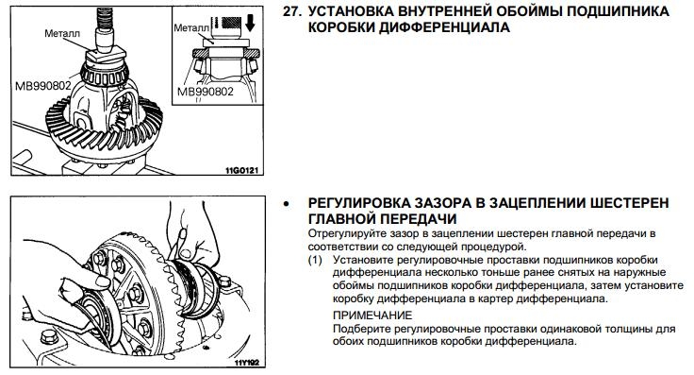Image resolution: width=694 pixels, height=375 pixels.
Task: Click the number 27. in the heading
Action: tap(292, 11)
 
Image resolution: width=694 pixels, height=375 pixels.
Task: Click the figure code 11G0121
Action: tap(241, 170)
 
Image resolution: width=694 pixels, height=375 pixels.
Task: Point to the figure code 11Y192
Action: tap(247, 363)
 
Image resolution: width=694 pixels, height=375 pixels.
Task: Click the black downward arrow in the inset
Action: tap(250, 23)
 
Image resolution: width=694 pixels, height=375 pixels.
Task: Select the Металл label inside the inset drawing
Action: tap(191, 28)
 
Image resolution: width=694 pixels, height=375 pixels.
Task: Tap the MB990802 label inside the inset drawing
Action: tap(205, 92)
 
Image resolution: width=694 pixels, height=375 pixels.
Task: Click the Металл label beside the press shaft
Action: tap(62, 33)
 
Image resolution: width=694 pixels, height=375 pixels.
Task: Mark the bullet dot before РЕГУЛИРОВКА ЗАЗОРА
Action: tap(288, 204)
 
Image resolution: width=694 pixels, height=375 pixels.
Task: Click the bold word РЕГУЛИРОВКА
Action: tap(358, 203)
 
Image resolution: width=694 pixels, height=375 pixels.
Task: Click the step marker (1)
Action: tap(315, 260)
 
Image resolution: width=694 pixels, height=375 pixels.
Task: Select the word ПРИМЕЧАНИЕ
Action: tap(372, 315)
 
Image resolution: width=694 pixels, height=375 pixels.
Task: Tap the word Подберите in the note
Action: tap(361, 330)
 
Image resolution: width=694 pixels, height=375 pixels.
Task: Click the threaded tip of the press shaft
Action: tap(105, 18)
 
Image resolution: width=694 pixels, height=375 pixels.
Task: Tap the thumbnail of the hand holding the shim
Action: tap(102, 281)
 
